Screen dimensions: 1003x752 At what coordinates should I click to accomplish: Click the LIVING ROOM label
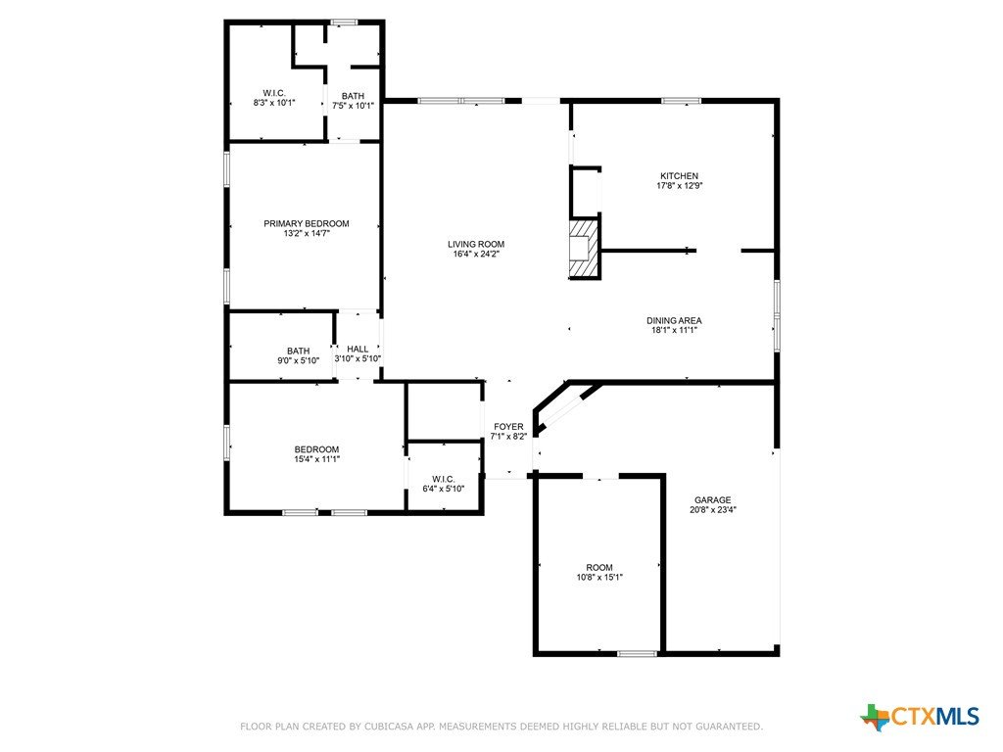coord(476,244)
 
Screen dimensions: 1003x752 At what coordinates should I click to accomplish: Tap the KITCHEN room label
coord(680,176)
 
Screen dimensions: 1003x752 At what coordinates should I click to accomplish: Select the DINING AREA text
coord(674,320)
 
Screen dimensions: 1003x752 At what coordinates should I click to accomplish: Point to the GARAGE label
coord(713,500)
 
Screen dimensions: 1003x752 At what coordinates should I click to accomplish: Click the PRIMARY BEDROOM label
coord(307,224)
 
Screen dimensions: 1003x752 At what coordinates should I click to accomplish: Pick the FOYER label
coord(508,427)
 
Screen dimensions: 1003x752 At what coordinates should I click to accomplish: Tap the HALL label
coord(358,349)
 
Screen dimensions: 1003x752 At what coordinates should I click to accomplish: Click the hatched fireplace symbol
coord(585,249)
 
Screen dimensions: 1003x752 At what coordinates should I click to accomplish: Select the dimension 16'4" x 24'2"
coord(476,254)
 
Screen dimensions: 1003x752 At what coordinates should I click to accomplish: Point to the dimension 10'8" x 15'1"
coord(599,578)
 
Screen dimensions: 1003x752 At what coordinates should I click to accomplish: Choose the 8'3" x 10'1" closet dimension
coord(274,102)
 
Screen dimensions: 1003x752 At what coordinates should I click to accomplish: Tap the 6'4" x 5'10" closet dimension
coord(444,490)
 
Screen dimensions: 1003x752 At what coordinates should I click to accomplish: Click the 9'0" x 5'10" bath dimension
coord(298,360)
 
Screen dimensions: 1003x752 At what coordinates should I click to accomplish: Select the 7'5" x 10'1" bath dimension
coord(353,106)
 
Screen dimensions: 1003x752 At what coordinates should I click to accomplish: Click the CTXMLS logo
coord(919,716)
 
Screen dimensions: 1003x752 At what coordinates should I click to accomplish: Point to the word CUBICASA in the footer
coord(390,727)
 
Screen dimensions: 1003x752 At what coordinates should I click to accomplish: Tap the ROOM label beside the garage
coord(599,567)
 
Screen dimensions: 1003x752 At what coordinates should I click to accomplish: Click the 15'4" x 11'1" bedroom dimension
coord(316,459)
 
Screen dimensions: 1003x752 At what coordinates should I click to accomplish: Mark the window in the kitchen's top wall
coord(681,101)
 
